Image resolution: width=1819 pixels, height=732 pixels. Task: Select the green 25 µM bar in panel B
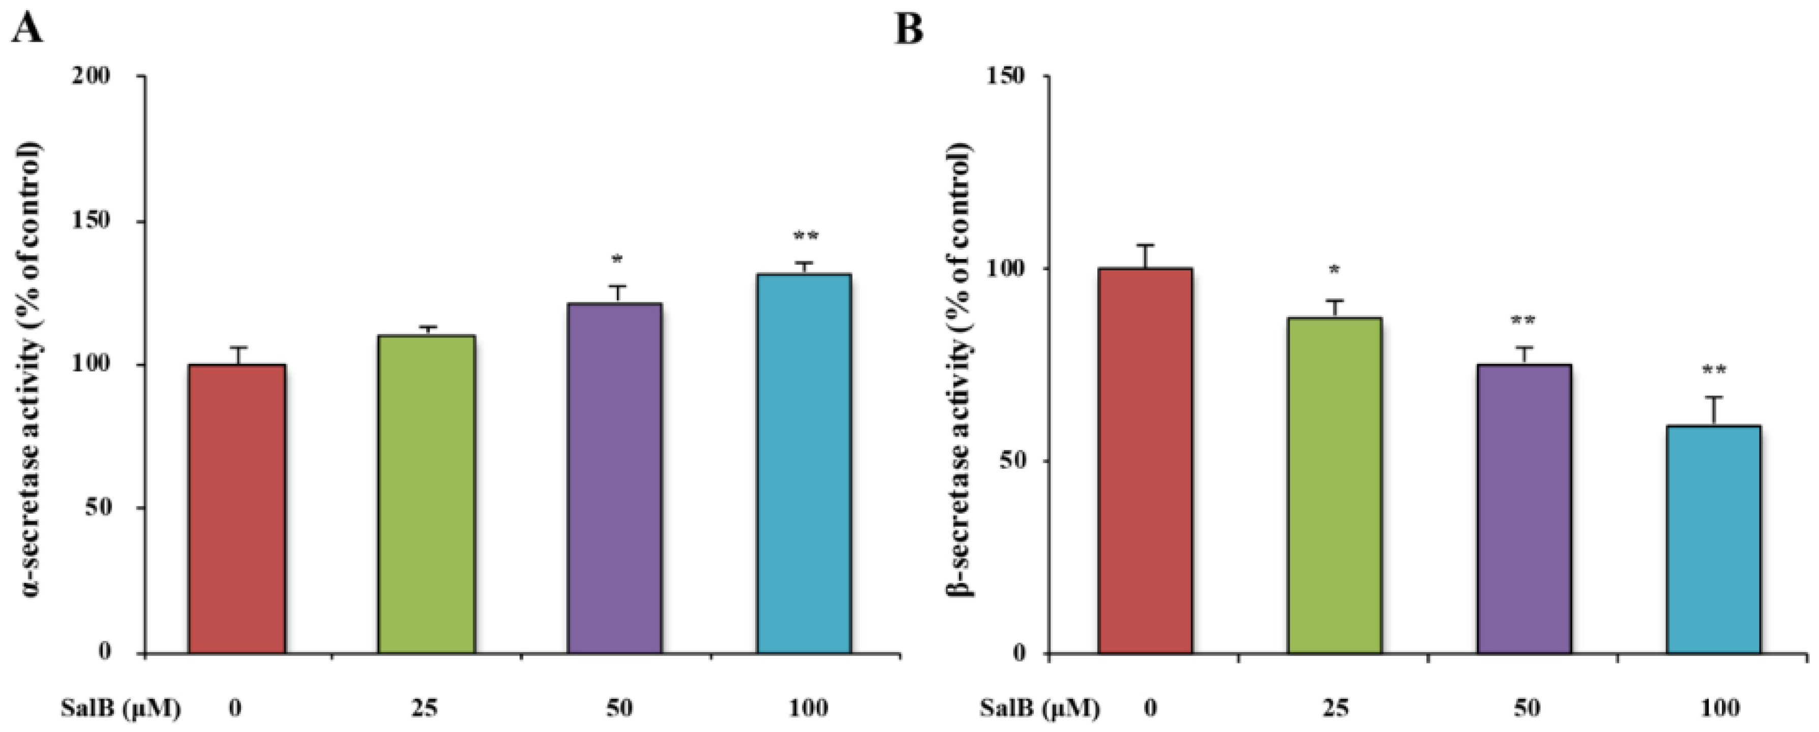point(1334,488)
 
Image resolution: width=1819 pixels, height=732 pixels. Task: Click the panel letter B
point(909,30)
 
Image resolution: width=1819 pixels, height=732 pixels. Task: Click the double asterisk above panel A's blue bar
point(804,237)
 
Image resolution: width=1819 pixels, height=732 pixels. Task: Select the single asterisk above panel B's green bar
point(1334,271)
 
